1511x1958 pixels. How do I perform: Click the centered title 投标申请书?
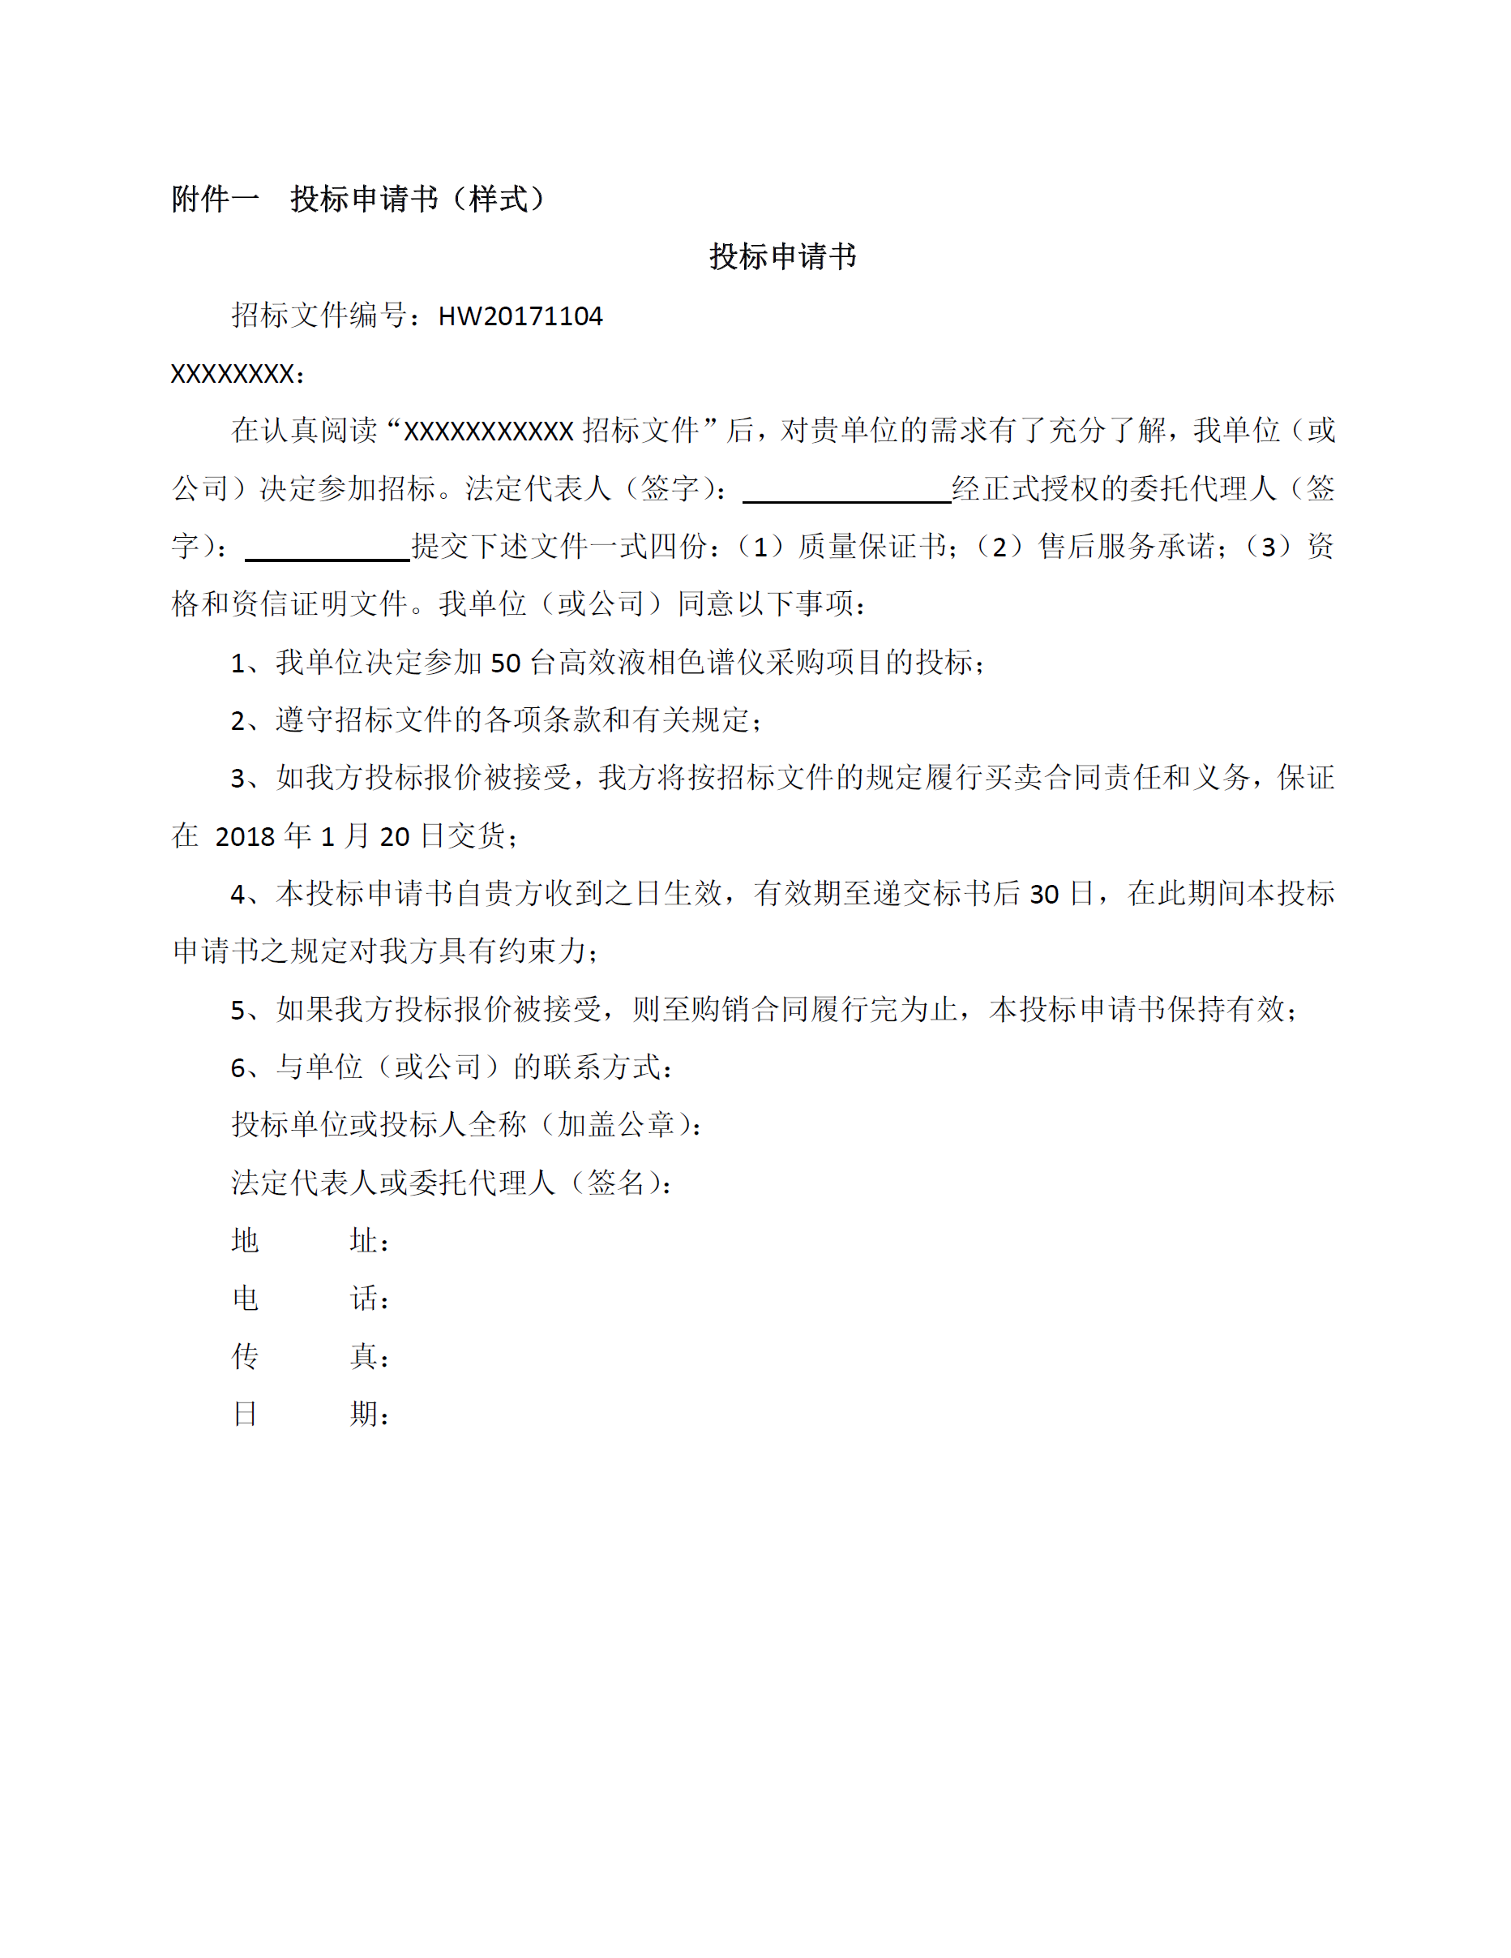click(x=782, y=256)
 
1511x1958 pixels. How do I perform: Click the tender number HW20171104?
click(x=520, y=316)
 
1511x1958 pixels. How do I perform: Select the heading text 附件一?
click(x=215, y=199)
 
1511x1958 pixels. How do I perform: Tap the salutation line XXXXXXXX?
click(x=238, y=374)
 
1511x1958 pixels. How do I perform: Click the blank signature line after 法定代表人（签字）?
click(x=847, y=491)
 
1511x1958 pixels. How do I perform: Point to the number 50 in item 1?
click(x=506, y=663)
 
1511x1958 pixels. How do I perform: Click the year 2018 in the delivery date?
click(x=245, y=836)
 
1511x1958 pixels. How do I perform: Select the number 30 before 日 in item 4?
click(x=1044, y=894)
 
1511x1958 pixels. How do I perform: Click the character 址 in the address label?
click(x=363, y=1241)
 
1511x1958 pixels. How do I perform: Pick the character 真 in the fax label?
click(x=363, y=1356)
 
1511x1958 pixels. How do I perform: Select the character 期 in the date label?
click(x=363, y=1414)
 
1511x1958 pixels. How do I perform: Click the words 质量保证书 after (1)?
click(x=871, y=547)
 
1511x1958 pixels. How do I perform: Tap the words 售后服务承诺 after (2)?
click(x=1126, y=547)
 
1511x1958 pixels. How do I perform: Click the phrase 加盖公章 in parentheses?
click(x=616, y=1125)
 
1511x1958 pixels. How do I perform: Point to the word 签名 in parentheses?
click(x=616, y=1183)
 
